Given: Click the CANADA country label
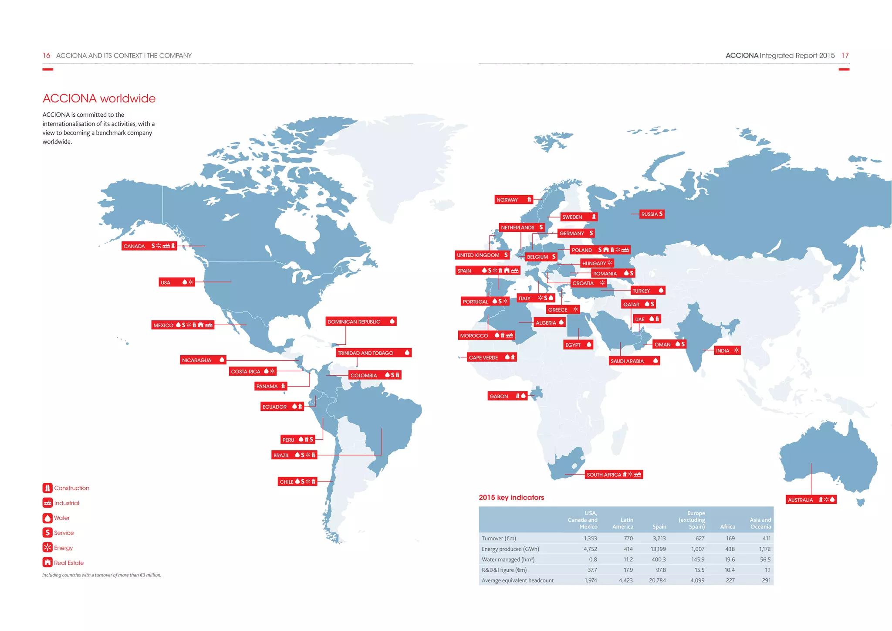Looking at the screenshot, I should click(x=135, y=246).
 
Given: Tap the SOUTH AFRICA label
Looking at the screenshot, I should click(x=604, y=475).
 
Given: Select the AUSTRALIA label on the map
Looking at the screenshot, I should click(x=800, y=500).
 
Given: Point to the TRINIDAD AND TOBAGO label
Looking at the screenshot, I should click(x=365, y=353).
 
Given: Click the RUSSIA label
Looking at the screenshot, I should click(x=649, y=214).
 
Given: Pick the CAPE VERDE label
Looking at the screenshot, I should click(x=483, y=358).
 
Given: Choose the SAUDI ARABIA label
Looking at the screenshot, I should click(x=627, y=361).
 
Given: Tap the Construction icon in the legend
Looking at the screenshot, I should click(x=47, y=488).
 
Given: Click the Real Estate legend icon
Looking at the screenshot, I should click(x=47, y=563).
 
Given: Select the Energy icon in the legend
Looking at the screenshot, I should click(x=47, y=547).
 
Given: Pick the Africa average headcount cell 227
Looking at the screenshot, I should click(x=730, y=580).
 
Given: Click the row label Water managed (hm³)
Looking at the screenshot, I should click(x=508, y=559).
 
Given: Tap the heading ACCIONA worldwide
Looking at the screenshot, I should click(x=99, y=98).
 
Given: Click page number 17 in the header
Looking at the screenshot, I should click(x=845, y=55).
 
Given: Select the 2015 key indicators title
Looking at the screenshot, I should click(x=511, y=497).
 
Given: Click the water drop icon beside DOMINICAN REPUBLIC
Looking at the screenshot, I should click(x=392, y=322).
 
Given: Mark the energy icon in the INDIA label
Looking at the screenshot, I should click(x=736, y=350).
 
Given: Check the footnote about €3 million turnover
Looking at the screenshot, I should click(x=101, y=575).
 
